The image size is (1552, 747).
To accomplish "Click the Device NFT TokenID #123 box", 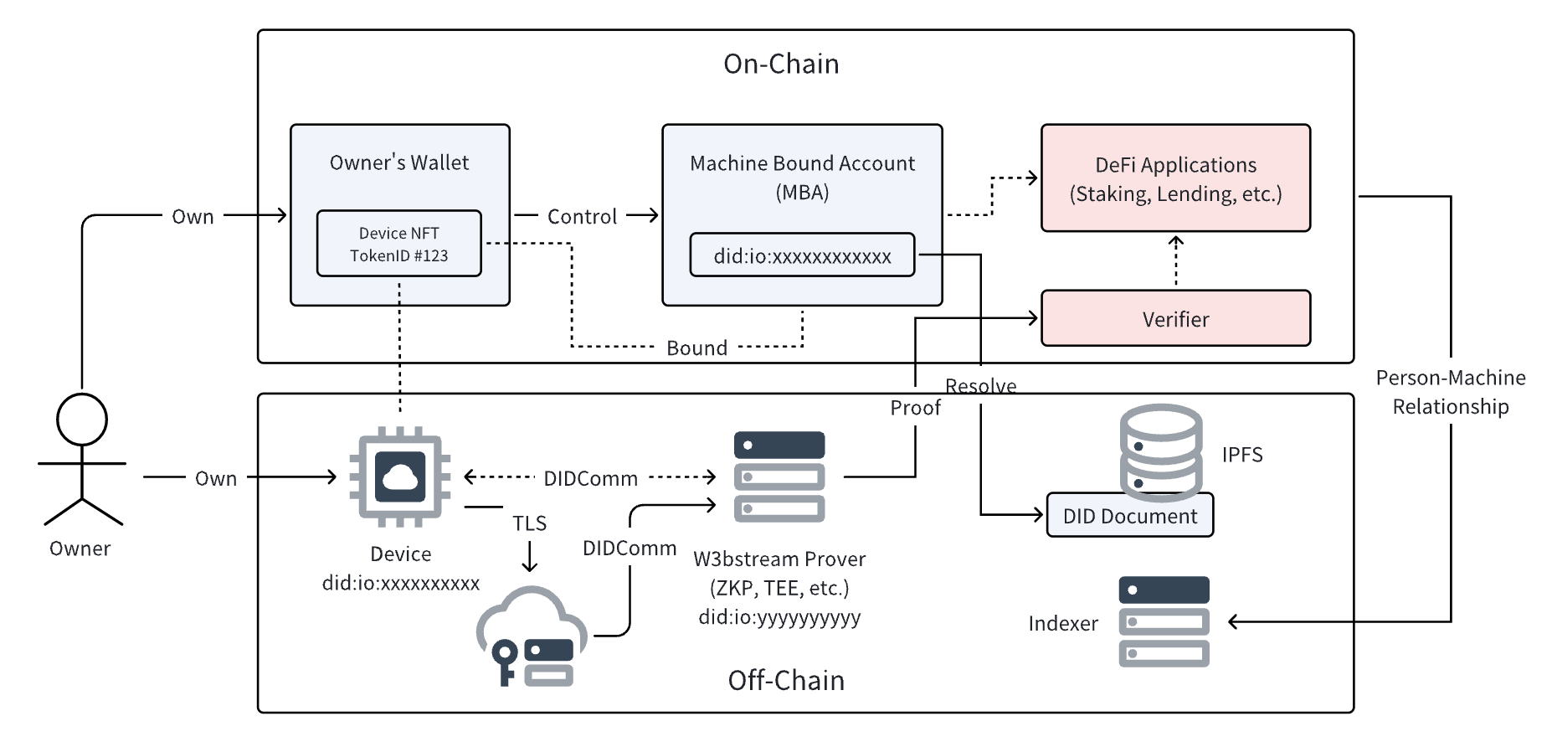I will (398, 244).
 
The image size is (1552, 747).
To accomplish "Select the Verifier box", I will (1175, 318).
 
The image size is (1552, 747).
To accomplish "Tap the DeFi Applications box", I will (1175, 178).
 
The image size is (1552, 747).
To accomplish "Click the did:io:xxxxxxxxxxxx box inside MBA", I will (802, 255).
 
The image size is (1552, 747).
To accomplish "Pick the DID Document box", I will (1129, 515).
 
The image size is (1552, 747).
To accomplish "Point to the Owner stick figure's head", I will (82, 419).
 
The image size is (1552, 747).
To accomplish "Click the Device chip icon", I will (399, 477).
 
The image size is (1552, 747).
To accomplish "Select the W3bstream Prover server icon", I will (779, 476).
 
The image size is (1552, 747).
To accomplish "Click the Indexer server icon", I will (1164, 621).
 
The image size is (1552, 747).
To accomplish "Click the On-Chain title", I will (781, 64).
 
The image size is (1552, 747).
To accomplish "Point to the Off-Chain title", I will (786, 680).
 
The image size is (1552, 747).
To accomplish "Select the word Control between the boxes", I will (582, 217).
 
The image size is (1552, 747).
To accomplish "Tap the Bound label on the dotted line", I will (696, 348).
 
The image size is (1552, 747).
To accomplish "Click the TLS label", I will (529, 523).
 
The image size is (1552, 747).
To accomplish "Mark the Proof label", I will (915, 408).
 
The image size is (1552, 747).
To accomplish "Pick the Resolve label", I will (980, 386).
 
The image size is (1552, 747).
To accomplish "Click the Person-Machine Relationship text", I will (1450, 392).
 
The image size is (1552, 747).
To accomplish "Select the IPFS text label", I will (1241, 455).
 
